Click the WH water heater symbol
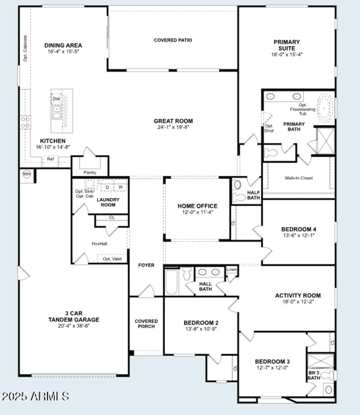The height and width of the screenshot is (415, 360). [27, 174]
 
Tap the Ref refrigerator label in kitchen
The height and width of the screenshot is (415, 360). [50, 159]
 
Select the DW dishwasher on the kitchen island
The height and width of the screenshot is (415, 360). [56, 99]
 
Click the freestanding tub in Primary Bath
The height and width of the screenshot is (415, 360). [324, 108]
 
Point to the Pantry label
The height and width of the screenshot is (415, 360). [90, 172]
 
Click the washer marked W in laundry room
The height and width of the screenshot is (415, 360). [121, 187]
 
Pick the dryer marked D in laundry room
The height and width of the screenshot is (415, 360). [107, 187]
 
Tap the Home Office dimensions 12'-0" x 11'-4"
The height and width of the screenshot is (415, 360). [197, 212]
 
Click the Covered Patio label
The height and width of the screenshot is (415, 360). [173, 40]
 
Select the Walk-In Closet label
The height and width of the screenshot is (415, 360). [298, 178]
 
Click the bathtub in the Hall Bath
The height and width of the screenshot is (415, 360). [171, 282]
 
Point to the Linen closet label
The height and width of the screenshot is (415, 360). [231, 270]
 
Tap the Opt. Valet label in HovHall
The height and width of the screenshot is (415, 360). [112, 259]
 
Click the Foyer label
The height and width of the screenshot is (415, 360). [146, 265]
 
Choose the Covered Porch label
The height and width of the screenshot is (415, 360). [146, 324]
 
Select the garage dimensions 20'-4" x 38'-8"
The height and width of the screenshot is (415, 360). [74, 326]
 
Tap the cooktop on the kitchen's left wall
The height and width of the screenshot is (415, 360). [25, 122]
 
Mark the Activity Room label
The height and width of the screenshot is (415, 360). [298, 296]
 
